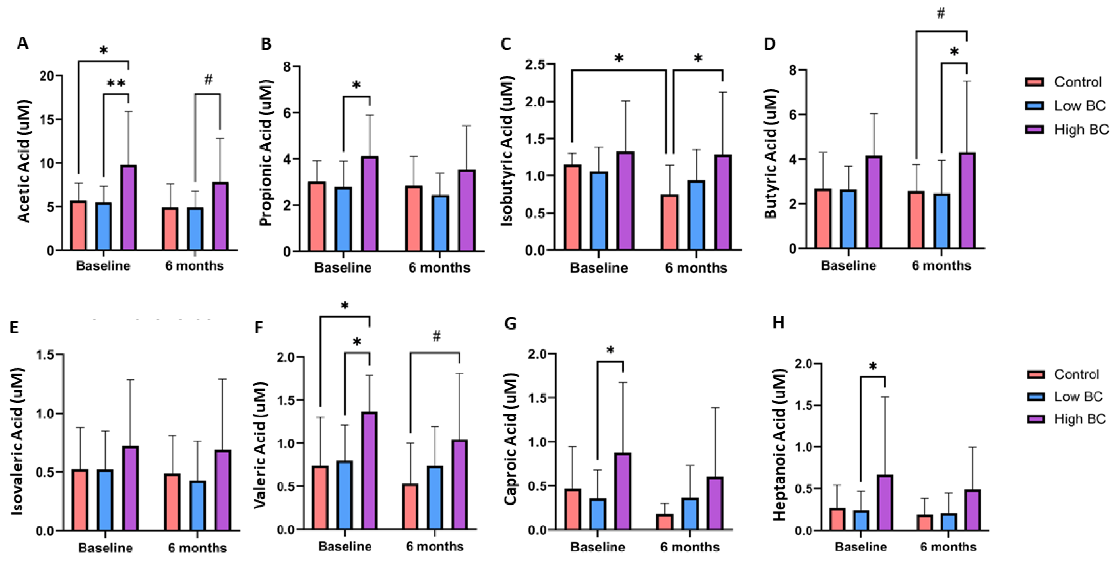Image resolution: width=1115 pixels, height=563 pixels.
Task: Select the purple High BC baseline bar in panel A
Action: click(129, 208)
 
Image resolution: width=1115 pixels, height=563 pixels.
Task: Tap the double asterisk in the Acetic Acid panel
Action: click(116, 83)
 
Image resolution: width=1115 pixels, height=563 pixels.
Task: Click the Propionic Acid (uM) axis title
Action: click(266, 153)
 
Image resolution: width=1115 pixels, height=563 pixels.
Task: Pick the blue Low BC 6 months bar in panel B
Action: click(440, 223)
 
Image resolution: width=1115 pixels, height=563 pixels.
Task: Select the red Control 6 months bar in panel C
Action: click(670, 223)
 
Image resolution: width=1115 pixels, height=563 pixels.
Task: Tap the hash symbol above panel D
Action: click(941, 13)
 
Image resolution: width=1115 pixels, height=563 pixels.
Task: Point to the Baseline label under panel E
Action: click(105, 548)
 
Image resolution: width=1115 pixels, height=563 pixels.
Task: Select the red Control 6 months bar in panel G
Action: click(664, 522)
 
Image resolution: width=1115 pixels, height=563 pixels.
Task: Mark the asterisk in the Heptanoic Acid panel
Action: click(873, 366)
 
